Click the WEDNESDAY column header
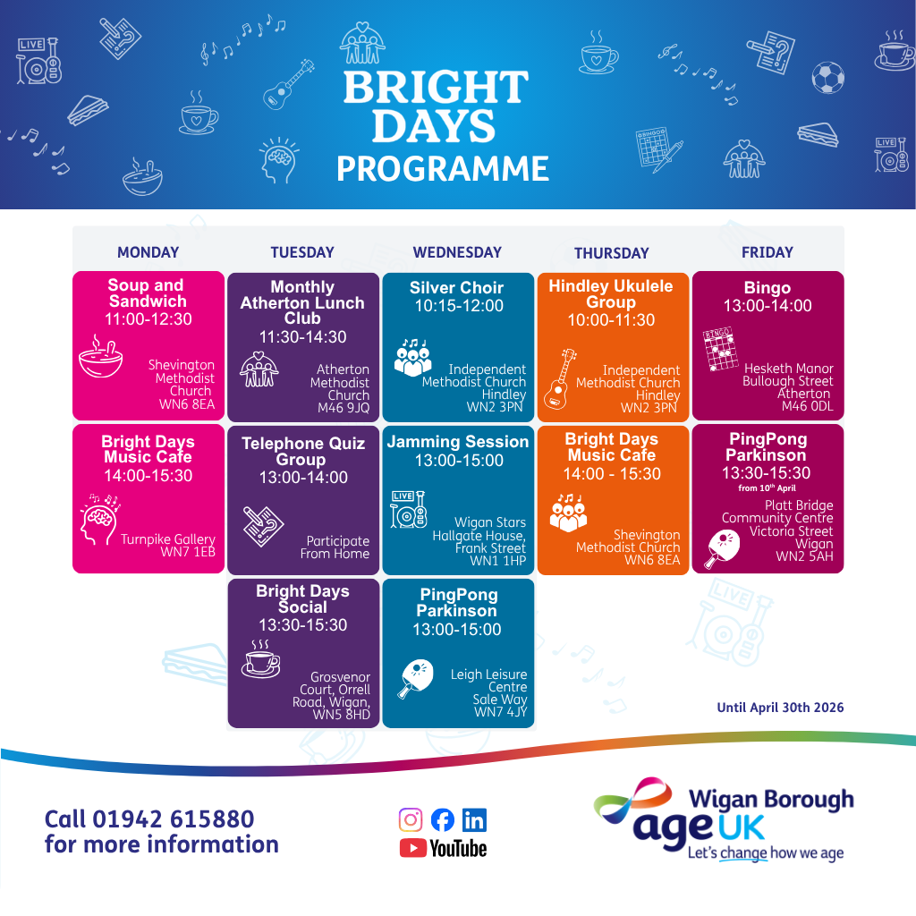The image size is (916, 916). (x=457, y=252)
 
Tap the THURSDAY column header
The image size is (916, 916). (x=612, y=253)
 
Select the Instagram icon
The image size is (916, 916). (x=411, y=819)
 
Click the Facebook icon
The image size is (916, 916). (x=442, y=819)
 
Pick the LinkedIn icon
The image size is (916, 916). (x=474, y=819)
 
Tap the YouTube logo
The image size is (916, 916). (x=443, y=848)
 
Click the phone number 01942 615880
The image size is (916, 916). (x=174, y=819)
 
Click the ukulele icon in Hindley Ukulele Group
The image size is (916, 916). (x=560, y=379)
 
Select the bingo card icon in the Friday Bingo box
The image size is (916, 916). (x=720, y=349)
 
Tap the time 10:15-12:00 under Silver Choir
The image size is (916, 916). (x=459, y=306)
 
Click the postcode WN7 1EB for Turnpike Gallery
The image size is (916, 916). (x=188, y=551)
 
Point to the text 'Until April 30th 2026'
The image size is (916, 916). (x=780, y=708)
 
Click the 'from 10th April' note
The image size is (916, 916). (x=767, y=488)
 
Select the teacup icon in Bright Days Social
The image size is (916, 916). (x=260, y=659)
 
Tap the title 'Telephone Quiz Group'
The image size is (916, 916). (x=303, y=451)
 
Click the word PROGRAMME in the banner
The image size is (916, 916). (x=442, y=168)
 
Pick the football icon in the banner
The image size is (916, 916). (x=827, y=78)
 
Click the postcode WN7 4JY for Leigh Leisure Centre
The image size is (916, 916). (x=501, y=711)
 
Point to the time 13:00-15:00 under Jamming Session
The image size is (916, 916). (x=459, y=461)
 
